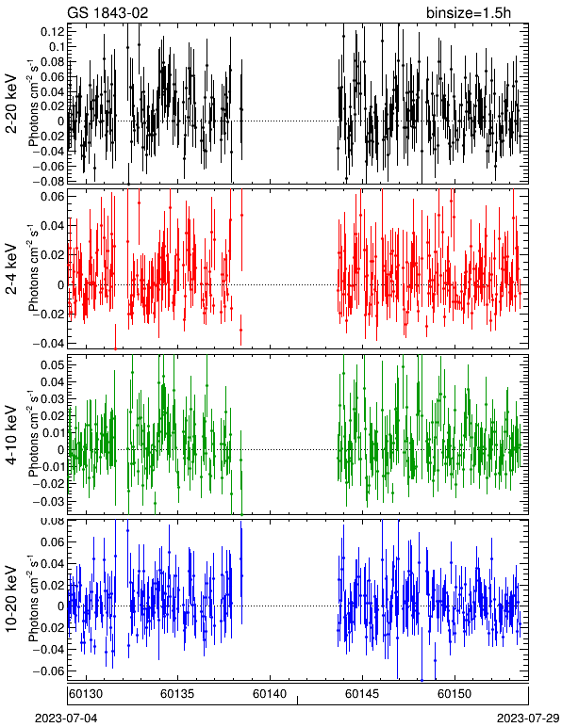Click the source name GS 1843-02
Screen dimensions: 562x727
click(107, 12)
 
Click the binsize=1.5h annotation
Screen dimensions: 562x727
click(469, 12)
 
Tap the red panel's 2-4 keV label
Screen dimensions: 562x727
click(11, 269)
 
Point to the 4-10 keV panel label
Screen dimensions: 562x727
click(11, 435)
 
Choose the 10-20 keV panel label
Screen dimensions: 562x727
click(11, 599)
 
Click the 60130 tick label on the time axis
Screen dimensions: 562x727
click(86, 694)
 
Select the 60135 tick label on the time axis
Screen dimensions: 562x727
click(177, 694)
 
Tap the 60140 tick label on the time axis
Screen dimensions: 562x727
click(269, 694)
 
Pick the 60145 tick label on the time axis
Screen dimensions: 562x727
click(361, 694)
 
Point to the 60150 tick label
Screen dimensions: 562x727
click(454, 694)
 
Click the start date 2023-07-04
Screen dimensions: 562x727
click(66, 719)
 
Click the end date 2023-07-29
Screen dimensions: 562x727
click(528, 719)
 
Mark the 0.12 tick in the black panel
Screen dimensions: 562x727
click(53, 32)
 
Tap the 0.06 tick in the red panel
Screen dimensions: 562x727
click(53, 196)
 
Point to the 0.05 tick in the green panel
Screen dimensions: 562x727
click(53, 364)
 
